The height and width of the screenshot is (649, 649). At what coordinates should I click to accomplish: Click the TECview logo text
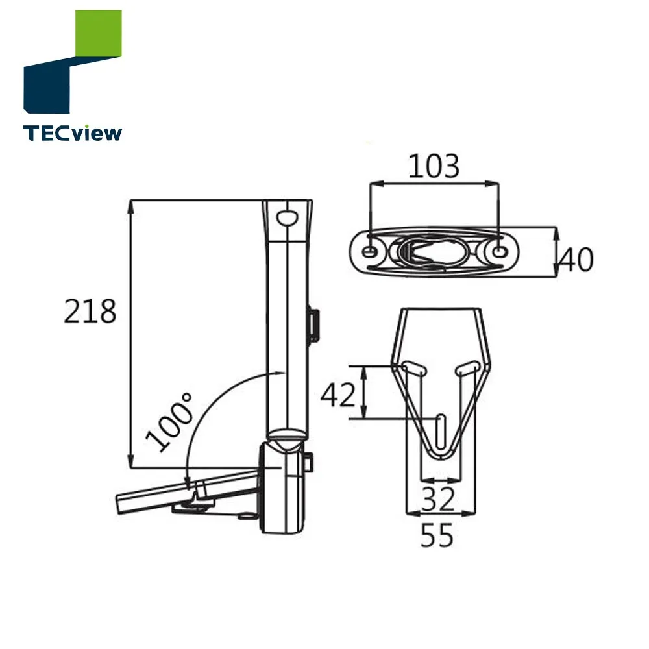point(73,133)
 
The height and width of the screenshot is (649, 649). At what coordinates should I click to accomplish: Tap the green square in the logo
point(99,33)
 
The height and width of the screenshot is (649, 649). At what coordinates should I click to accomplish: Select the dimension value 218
point(90,311)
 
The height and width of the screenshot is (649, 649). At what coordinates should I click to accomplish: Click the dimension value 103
point(434,166)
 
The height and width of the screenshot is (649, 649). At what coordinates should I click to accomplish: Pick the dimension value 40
point(575,260)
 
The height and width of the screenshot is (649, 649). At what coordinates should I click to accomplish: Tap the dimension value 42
point(337,395)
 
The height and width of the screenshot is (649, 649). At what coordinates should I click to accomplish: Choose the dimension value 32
point(438,499)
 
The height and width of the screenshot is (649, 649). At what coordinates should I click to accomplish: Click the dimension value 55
point(437,535)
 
